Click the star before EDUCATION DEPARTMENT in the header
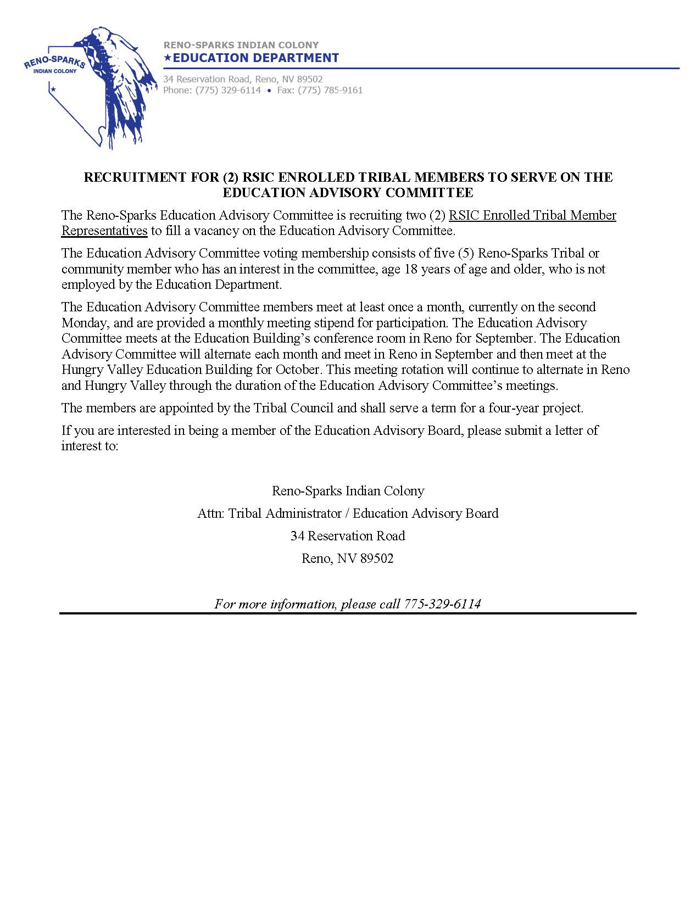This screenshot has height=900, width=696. [x=168, y=57]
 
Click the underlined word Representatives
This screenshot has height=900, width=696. [x=104, y=231]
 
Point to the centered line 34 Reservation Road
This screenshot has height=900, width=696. [x=348, y=536]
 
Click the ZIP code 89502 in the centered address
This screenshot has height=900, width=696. [x=377, y=559]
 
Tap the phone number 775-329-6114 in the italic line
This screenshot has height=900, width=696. [x=442, y=604]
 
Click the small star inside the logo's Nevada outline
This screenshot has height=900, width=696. [x=53, y=88]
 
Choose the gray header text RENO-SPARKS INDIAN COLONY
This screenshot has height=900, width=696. [x=241, y=45]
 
